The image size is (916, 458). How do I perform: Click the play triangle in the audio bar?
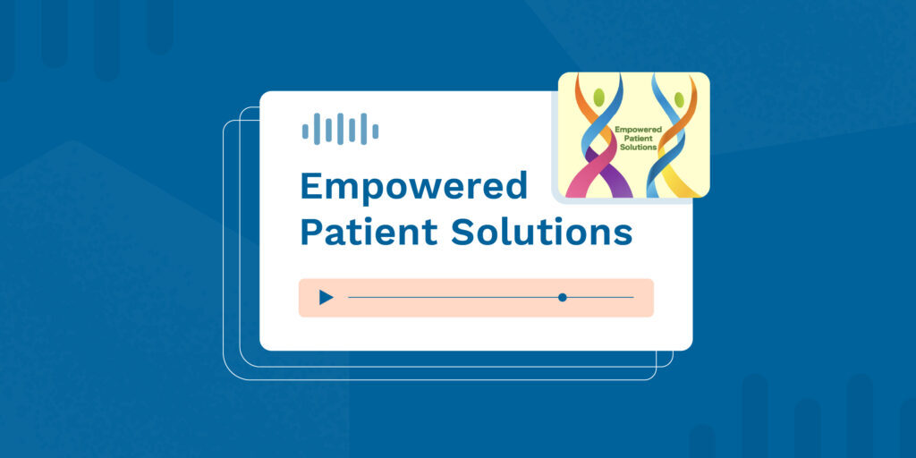tap(326, 298)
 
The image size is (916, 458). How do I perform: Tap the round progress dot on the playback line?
tap(563, 297)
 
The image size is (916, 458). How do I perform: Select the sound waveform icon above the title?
tap(340, 129)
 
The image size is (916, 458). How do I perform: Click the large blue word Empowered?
tap(413, 187)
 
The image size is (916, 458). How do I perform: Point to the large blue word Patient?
tap(369, 232)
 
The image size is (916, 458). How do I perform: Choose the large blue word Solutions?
tap(541, 232)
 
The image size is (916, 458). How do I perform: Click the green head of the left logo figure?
tap(598, 98)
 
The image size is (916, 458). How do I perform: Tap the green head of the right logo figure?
tap(680, 99)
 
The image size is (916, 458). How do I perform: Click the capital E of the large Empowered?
tap(310, 186)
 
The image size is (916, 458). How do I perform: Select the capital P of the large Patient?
tap(310, 232)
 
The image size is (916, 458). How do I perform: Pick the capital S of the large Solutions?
tap(462, 232)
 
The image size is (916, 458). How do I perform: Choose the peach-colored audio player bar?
tap(476, 298)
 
